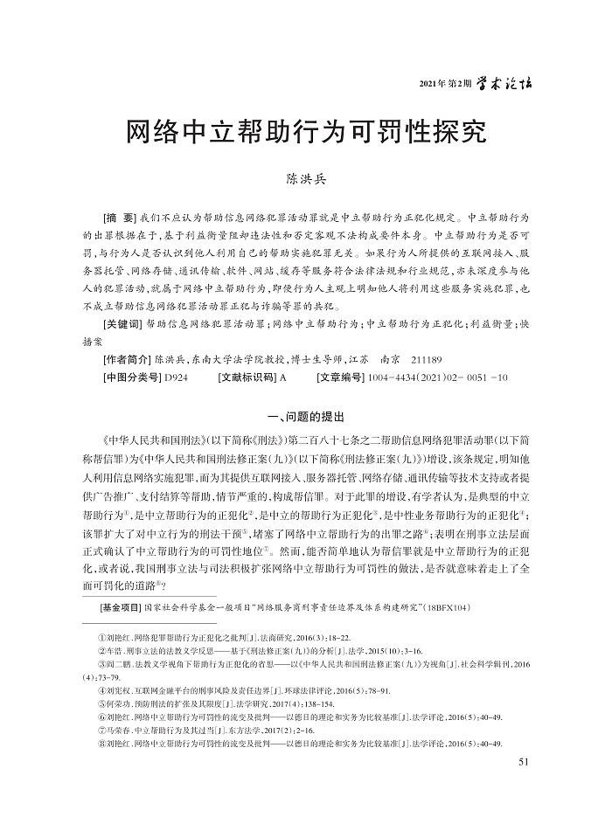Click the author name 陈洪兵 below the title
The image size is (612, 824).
pyautogui.click(x=306, y=179)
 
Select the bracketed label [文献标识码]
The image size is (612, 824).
pyautogui.click(x=247, y=377)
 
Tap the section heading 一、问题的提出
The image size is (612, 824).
pyautogui.click(x=306, y=416)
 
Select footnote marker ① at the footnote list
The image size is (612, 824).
pyautogui.click(x=101, y=642)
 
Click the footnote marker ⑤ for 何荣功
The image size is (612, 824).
pyautogui.click(x=101, y=703)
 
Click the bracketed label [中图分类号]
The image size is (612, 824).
pyautogui.click(x=131, y=377)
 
